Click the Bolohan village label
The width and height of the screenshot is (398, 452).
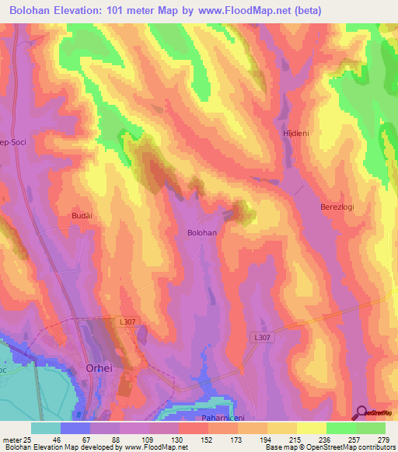[201, 232]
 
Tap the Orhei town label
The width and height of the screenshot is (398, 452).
[98, 370]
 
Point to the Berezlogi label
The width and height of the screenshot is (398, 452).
[337, 207]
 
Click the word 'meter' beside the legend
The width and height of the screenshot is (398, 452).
[11, 439]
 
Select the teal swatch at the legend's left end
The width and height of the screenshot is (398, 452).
[46, 428]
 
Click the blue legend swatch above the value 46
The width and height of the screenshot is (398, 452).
[75, 428]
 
